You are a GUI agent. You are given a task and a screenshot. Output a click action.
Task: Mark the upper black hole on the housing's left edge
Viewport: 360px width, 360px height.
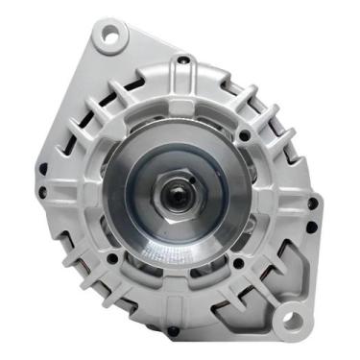[x=40, y=173]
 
